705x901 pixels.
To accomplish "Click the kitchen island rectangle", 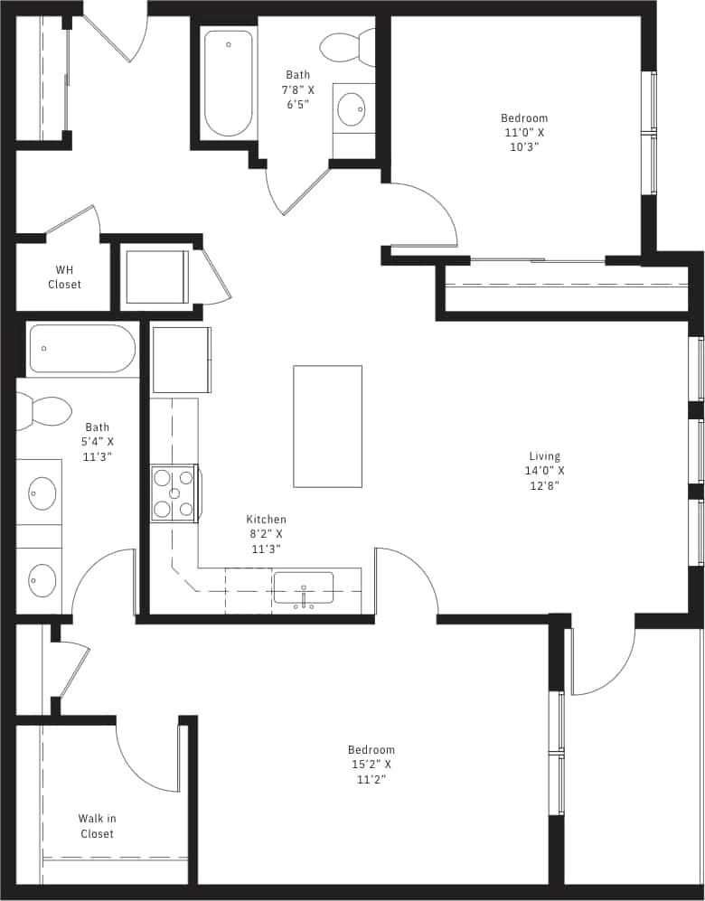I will tap(327, 427).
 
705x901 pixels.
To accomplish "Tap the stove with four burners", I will tap(174, 493).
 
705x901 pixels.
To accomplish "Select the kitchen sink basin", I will tap(303, 587).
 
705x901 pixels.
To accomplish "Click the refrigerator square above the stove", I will tap(182, 360).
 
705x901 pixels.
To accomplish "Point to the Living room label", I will tap(545, 470).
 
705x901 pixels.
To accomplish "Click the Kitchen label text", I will tap(266, 533).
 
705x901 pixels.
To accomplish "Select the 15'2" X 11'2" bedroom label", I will tap(371, 764).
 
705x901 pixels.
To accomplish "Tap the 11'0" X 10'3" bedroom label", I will tap(524, 132).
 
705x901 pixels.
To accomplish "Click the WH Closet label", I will tap(64, 277).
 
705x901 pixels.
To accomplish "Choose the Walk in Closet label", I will tap(97, 826).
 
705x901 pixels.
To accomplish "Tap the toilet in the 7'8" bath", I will tap(347, 48).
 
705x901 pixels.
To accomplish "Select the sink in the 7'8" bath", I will tap(352, 109).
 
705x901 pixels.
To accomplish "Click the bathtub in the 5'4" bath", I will tap(82, 349).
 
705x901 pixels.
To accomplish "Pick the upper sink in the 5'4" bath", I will tap(41, 493).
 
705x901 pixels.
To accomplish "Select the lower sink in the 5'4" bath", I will tap(41, 579).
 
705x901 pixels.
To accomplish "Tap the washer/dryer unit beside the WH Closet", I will tap(156, 277).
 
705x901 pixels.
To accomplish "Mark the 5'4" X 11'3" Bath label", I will tap(98, 442).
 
